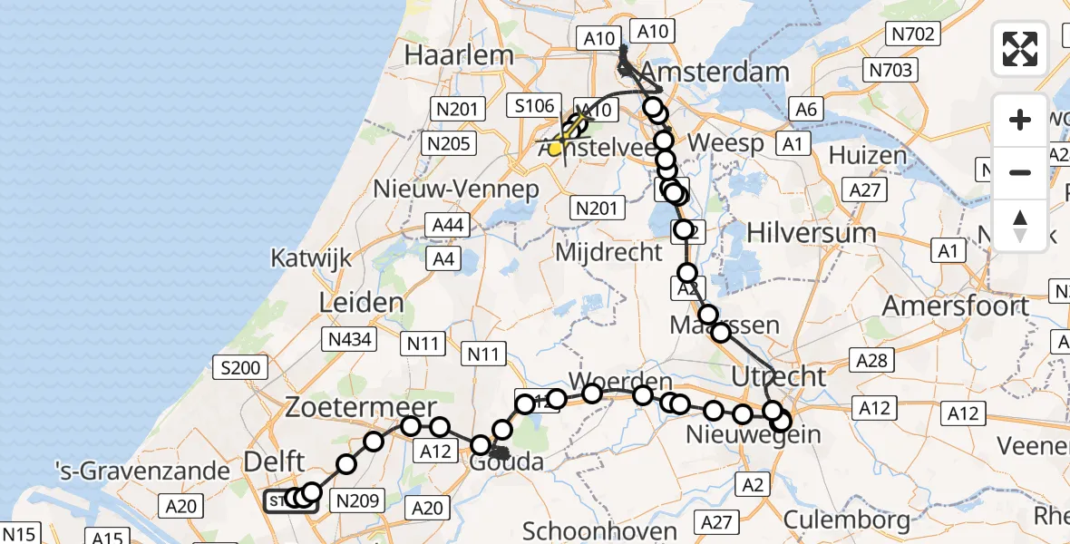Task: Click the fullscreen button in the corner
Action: click(x=1020, y=49)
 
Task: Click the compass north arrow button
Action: click(x=1020, y=224)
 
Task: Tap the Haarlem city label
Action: click(x=459, y=54)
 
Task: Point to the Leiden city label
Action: click(x=361, y=302)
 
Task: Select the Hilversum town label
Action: click(x=812, y=232)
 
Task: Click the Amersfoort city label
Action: click(x=956, y=306)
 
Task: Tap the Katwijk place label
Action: click(x=310, y=258)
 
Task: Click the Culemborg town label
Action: click(x=846, y=520)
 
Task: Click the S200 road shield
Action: click(x=240, y=368)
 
